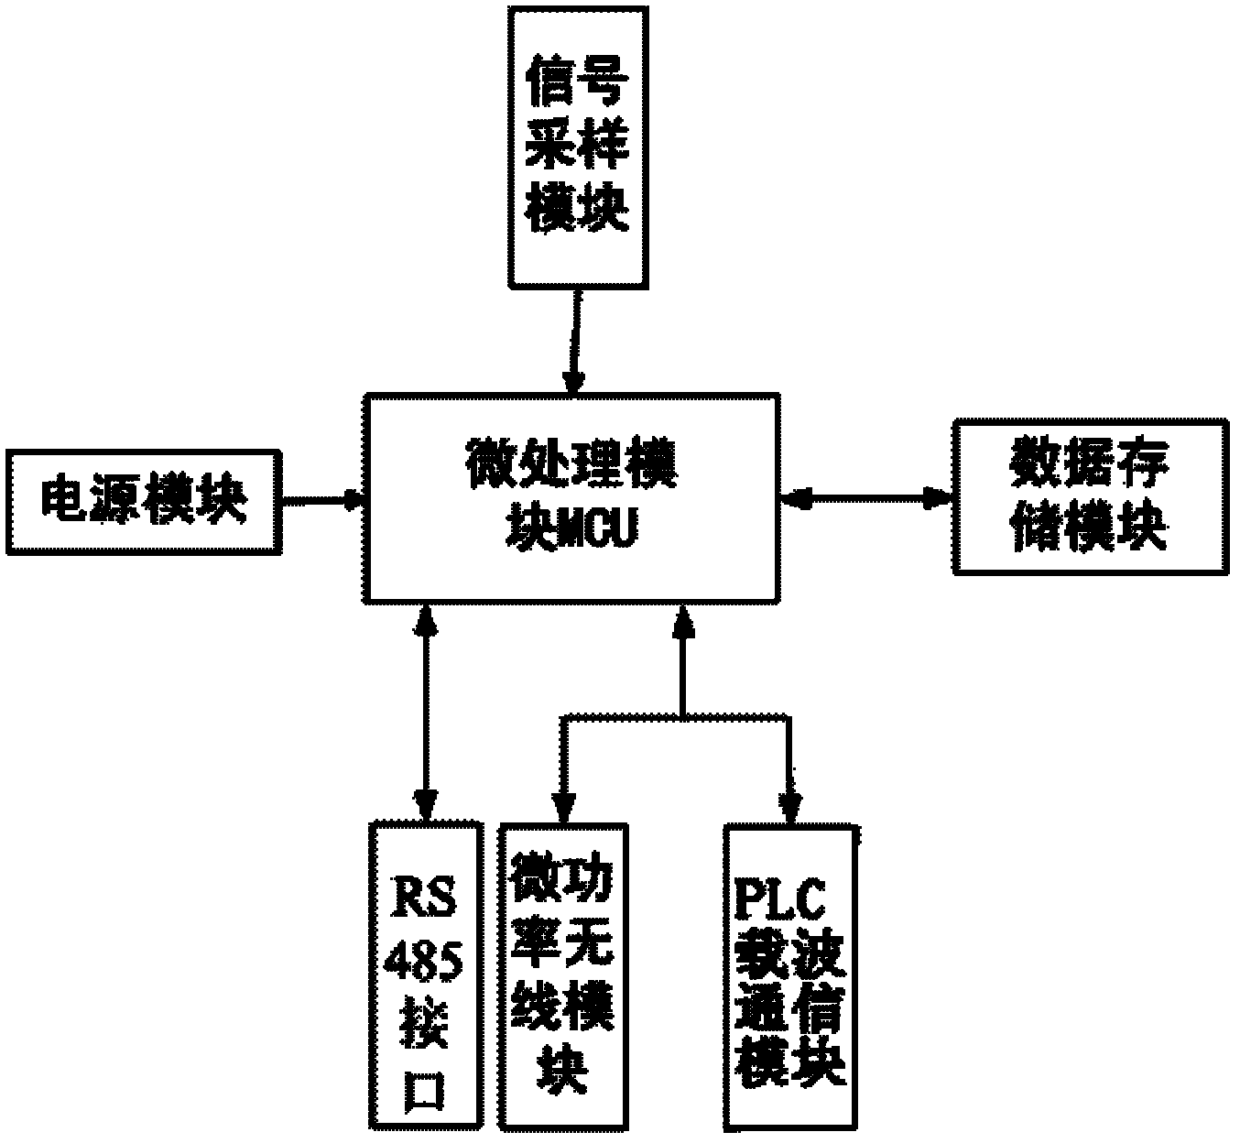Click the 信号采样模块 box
pos(578,147)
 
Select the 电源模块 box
pos(144,502)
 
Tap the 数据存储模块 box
pos(1090,496)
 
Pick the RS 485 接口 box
pos(427,975)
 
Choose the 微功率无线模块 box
pos(563,976)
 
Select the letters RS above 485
pos(424,897)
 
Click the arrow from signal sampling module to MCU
pos(576,342)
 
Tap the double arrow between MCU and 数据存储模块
pos(866,499)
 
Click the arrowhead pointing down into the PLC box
pos(790,808)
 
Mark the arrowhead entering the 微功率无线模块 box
pos(563,808)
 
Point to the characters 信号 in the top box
pos(577,82)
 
